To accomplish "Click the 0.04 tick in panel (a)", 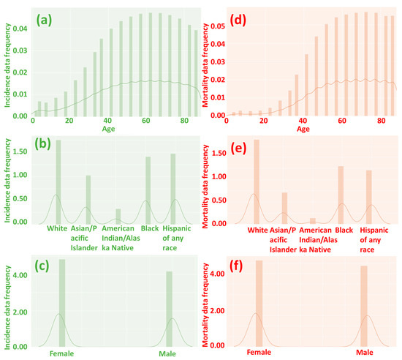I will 21,29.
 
